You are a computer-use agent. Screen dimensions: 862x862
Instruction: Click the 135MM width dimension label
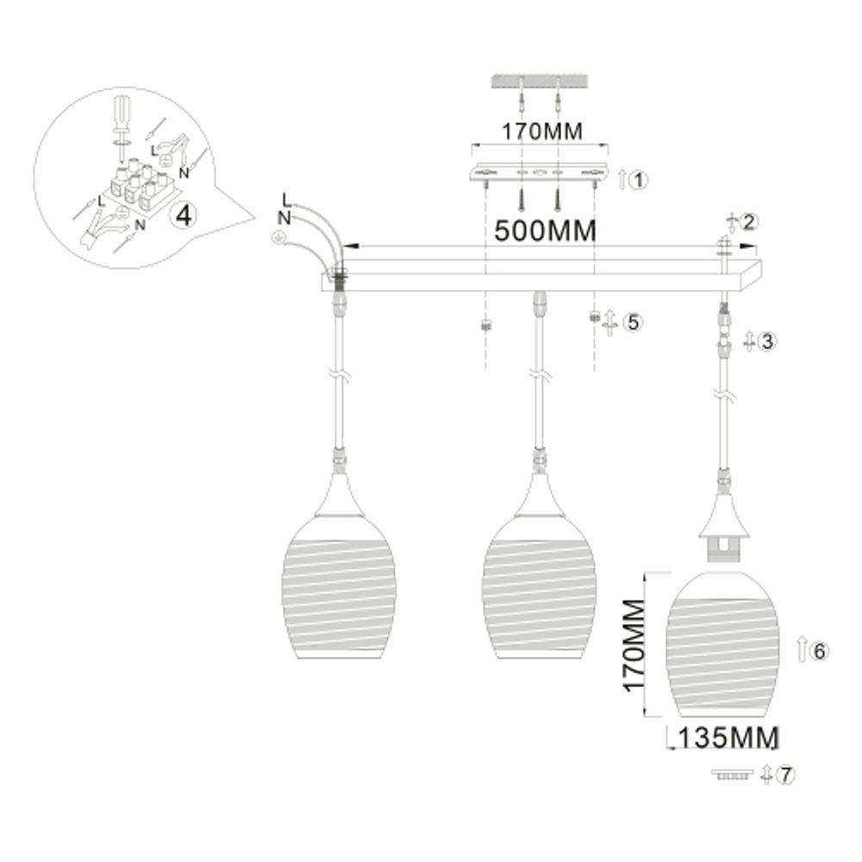[728, 738]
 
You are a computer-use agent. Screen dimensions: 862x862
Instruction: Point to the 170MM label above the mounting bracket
[542, 131]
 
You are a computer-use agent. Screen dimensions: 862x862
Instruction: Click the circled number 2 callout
[748, 222]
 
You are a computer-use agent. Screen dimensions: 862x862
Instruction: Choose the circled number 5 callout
[632, 323]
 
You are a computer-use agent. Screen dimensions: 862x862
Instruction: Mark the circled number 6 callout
[819, 651]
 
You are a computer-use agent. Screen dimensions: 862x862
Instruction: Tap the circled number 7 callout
[784, 775]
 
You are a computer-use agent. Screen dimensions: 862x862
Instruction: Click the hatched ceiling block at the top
[540, 80]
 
